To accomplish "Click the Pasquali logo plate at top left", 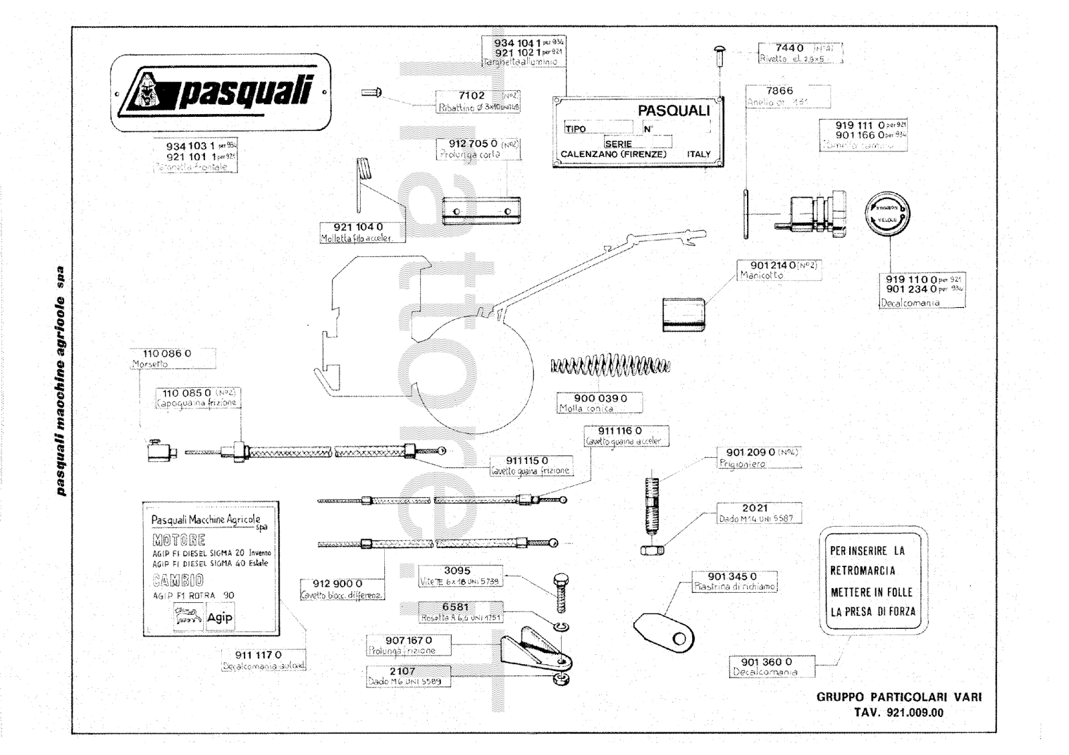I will (220, 92).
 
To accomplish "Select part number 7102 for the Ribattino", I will (471, 95).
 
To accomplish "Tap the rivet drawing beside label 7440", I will (720, 53).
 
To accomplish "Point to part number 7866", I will (780, 91).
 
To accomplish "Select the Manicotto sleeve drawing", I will (683, 314).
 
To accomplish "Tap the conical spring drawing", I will (610, 366).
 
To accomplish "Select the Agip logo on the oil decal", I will (219, 617).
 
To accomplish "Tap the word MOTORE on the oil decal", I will (178, 539).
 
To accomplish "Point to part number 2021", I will (755, 508).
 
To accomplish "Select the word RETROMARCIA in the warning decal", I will (863, 571).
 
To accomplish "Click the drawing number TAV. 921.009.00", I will (899, 712).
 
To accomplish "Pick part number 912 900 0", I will (337, 584).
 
